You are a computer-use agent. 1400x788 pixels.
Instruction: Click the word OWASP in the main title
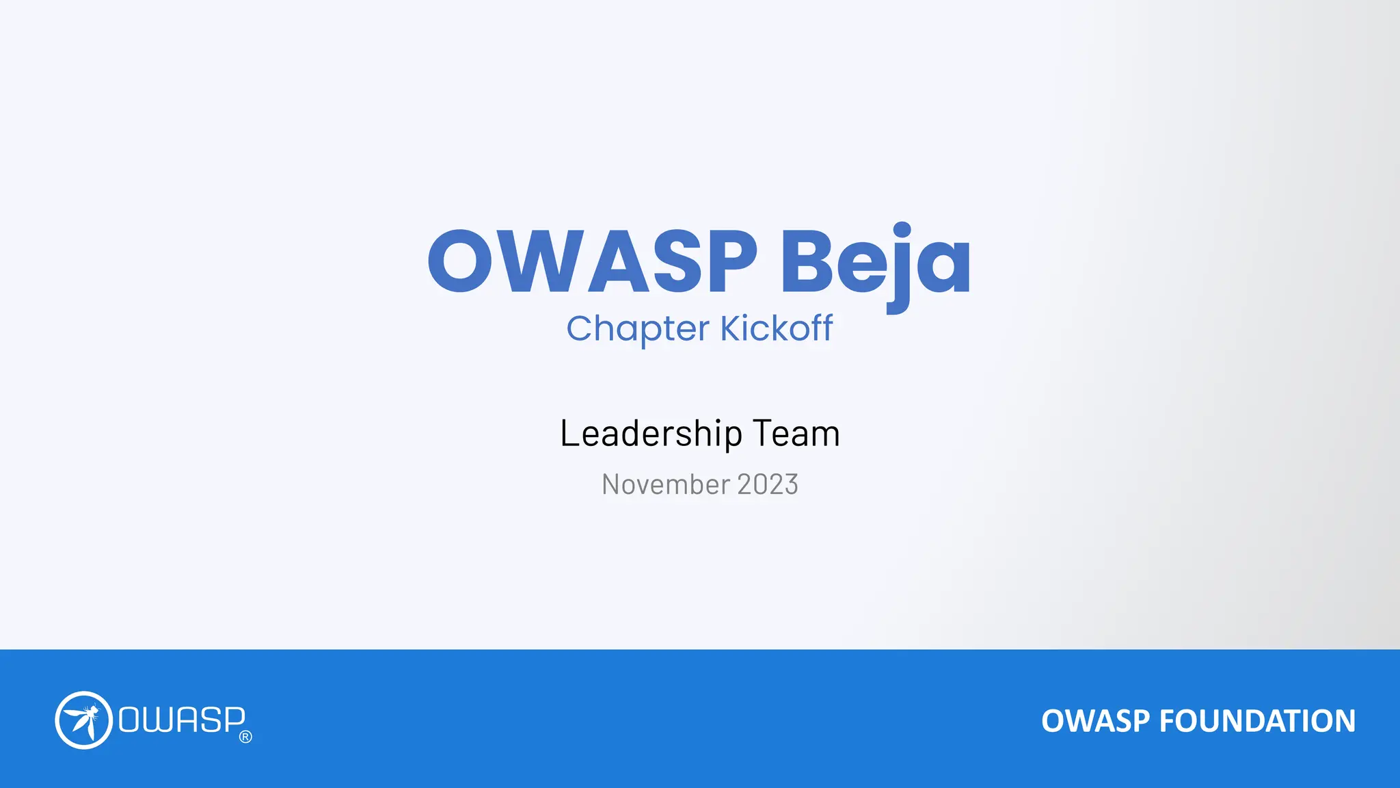click(592, 261)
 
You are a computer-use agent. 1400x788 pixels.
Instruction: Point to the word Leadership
click(651, 434)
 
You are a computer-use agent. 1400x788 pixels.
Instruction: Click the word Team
click(796, 434)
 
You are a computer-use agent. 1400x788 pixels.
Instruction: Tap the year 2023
click(768, 484)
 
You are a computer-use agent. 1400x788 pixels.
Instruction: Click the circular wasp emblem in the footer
click(83, 720)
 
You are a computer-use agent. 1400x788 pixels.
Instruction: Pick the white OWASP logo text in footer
click(182, 720)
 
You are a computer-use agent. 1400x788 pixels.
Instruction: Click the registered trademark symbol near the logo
click(246, 737)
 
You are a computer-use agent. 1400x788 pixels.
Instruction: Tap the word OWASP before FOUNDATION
click(1095, 721)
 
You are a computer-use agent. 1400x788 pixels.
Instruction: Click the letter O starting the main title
click(460, 261)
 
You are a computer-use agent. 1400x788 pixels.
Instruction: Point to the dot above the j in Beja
click(902, 229)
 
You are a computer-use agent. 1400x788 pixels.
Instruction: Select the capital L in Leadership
click(569, 434)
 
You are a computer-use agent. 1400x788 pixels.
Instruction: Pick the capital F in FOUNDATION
click(1168, 721)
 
